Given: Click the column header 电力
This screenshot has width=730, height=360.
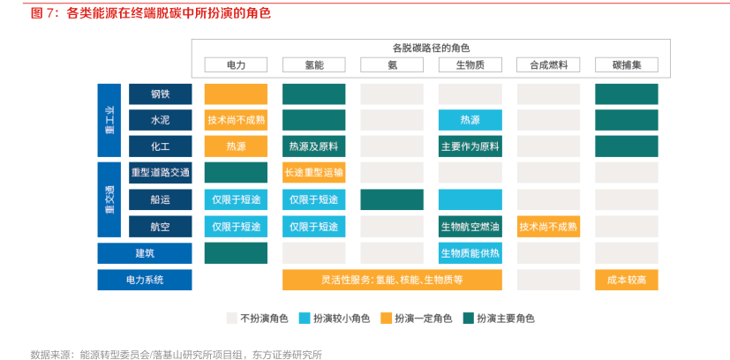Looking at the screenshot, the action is click(x=236, y=64).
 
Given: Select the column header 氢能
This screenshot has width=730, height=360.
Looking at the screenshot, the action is click(x=313, y=64).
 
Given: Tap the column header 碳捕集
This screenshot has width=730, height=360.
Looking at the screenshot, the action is click(x=627, y=64).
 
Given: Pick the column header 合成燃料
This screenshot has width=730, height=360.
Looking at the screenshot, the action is click(x=548, y=64).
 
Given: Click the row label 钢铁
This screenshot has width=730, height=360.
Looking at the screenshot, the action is click(x=160, y=94).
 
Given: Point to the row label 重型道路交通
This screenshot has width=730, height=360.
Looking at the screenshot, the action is click(x=160, y=173).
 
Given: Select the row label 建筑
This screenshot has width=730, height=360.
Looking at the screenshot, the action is click(x=145, y=253).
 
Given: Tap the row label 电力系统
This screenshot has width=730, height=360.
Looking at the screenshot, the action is click(x=145, y=280).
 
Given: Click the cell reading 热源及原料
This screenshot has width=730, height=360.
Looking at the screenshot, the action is click(x=313, y=146).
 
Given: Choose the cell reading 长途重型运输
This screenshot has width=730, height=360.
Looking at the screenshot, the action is click(x=313, y=173).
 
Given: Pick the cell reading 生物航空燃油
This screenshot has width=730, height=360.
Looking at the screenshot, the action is click(x=470, y=227).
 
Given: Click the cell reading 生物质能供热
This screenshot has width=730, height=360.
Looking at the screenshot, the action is click(x=470, y=253).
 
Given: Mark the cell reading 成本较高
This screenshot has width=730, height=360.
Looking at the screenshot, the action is click(x=627, y=280).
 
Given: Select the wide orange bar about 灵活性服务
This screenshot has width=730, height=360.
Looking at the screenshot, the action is click(x=392, y=280).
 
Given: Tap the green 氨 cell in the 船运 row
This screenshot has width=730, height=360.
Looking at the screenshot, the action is click(x=392, y=199).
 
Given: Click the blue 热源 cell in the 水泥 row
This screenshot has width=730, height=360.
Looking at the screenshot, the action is click(x=470, y=120).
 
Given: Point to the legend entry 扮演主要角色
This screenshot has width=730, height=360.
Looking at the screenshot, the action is click(x=499, y=319).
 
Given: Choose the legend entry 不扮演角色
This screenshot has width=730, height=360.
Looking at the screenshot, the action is click(x=258, y=319).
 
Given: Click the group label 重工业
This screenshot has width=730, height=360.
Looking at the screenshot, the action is click(x=109, y=120).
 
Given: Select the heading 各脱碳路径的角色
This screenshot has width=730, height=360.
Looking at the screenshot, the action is click(x=431, y=48).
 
